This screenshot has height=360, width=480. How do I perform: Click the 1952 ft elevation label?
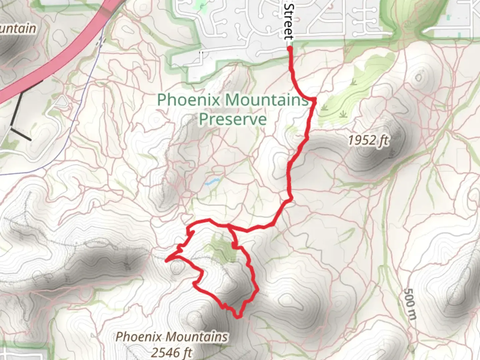(368, 140)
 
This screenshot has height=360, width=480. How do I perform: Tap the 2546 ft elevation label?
(171, 352)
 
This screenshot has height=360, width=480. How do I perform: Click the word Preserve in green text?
(233, 119)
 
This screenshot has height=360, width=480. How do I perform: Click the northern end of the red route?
(290, 49)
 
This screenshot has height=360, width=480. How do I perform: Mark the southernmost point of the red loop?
(238, 317)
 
